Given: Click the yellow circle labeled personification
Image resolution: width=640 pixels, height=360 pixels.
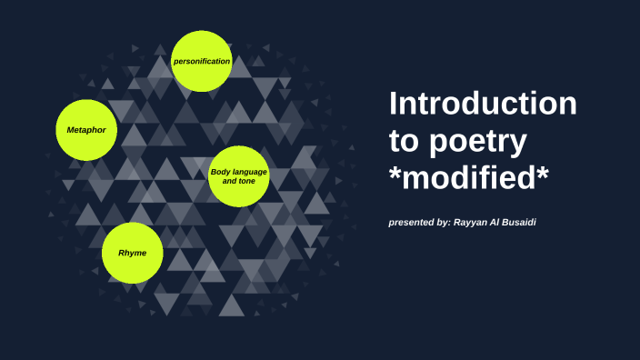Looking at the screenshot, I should [202, 62].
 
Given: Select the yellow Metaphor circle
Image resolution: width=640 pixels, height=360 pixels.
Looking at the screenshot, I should [86, 130].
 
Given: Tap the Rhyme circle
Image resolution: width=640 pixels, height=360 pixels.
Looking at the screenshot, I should [132, 252].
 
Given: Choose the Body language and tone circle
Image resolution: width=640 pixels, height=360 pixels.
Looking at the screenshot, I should [239, 176].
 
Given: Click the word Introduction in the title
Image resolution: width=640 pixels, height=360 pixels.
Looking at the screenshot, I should [483, 104].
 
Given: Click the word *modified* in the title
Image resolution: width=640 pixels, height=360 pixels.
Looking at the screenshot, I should [469, 180].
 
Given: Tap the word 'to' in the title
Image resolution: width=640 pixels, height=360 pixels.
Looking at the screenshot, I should [404, 143].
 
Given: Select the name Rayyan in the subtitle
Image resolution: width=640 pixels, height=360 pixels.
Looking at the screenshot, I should [472, 222].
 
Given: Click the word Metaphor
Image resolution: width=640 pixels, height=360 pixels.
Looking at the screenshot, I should [86, 130].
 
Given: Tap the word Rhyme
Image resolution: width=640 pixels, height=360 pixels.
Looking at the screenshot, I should [132, 252].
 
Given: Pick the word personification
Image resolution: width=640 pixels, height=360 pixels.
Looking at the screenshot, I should [202, 62].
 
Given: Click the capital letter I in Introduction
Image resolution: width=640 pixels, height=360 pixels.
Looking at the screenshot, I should [393, 104].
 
